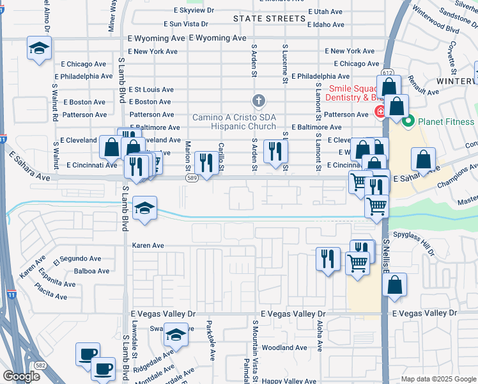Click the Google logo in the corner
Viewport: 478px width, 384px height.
(x=20, y=376)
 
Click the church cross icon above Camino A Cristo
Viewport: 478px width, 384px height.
(x=258, y=100)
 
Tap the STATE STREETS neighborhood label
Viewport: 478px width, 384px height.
(x=269, y=19)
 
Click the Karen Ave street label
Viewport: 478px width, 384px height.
(x=148, y=245)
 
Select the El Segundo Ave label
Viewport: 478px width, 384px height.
(x=77, y=259)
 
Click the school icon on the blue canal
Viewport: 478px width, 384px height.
(x=145, y=207)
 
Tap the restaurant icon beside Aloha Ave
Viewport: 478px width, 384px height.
(x=328, y=259)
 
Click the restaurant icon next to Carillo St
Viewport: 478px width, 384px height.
(x=206, y=163)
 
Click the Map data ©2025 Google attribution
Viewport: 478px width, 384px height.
(x=438, y=379)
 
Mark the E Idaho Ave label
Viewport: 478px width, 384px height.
(x=325, y=24)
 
